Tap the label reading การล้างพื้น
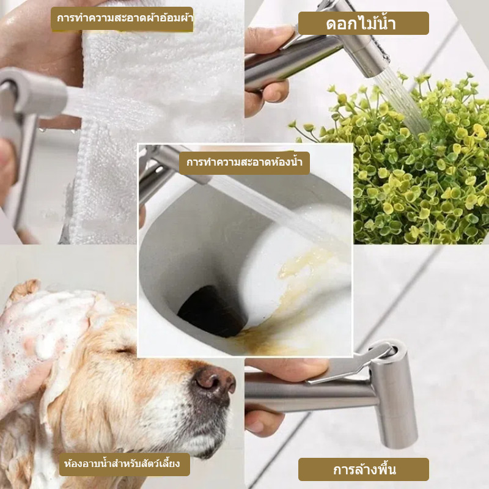pyautogui.click(x=364, y=469)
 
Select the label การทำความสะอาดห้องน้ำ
pyautogui.click(x=244, y=163)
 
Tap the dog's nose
pyautogui.click(x=215, y=382)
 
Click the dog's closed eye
pyautogui.click(x=125, y=351)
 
